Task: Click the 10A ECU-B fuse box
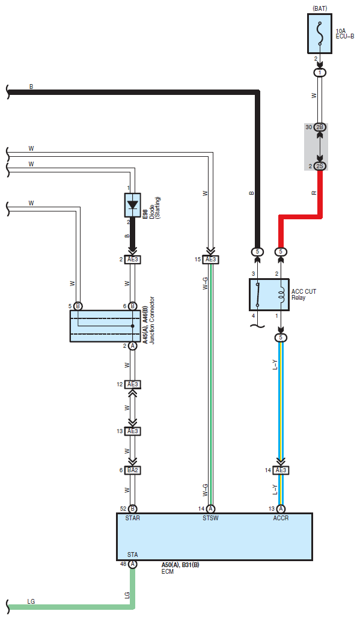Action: tap(320, 34)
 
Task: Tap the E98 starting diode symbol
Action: tap(133, 205)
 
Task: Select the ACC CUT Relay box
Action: tap(269, 294)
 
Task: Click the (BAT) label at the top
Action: tap(320, 8)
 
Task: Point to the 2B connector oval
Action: tap(320, 127)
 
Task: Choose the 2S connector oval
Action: tap(320, 166)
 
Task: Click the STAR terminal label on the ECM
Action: tap(133, 518)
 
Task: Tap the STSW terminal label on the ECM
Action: tap(210, 518)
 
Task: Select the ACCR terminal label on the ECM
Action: tap(281, 518)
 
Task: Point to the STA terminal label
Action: tap(133, 555)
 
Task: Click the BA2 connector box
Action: tap(133, 470)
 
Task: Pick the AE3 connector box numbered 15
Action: tap(210, 260)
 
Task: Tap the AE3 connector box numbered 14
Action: tap(281, 470)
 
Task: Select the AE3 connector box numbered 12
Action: tap(133, 384)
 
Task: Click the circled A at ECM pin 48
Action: tap(133, 564)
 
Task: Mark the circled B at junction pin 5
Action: tap(78, 306)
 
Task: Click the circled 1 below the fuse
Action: tap(320, 73)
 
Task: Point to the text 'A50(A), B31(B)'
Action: tap(180, 565)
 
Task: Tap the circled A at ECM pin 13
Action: tap(281, 509)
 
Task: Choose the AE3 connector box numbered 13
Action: tap(133, 431)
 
